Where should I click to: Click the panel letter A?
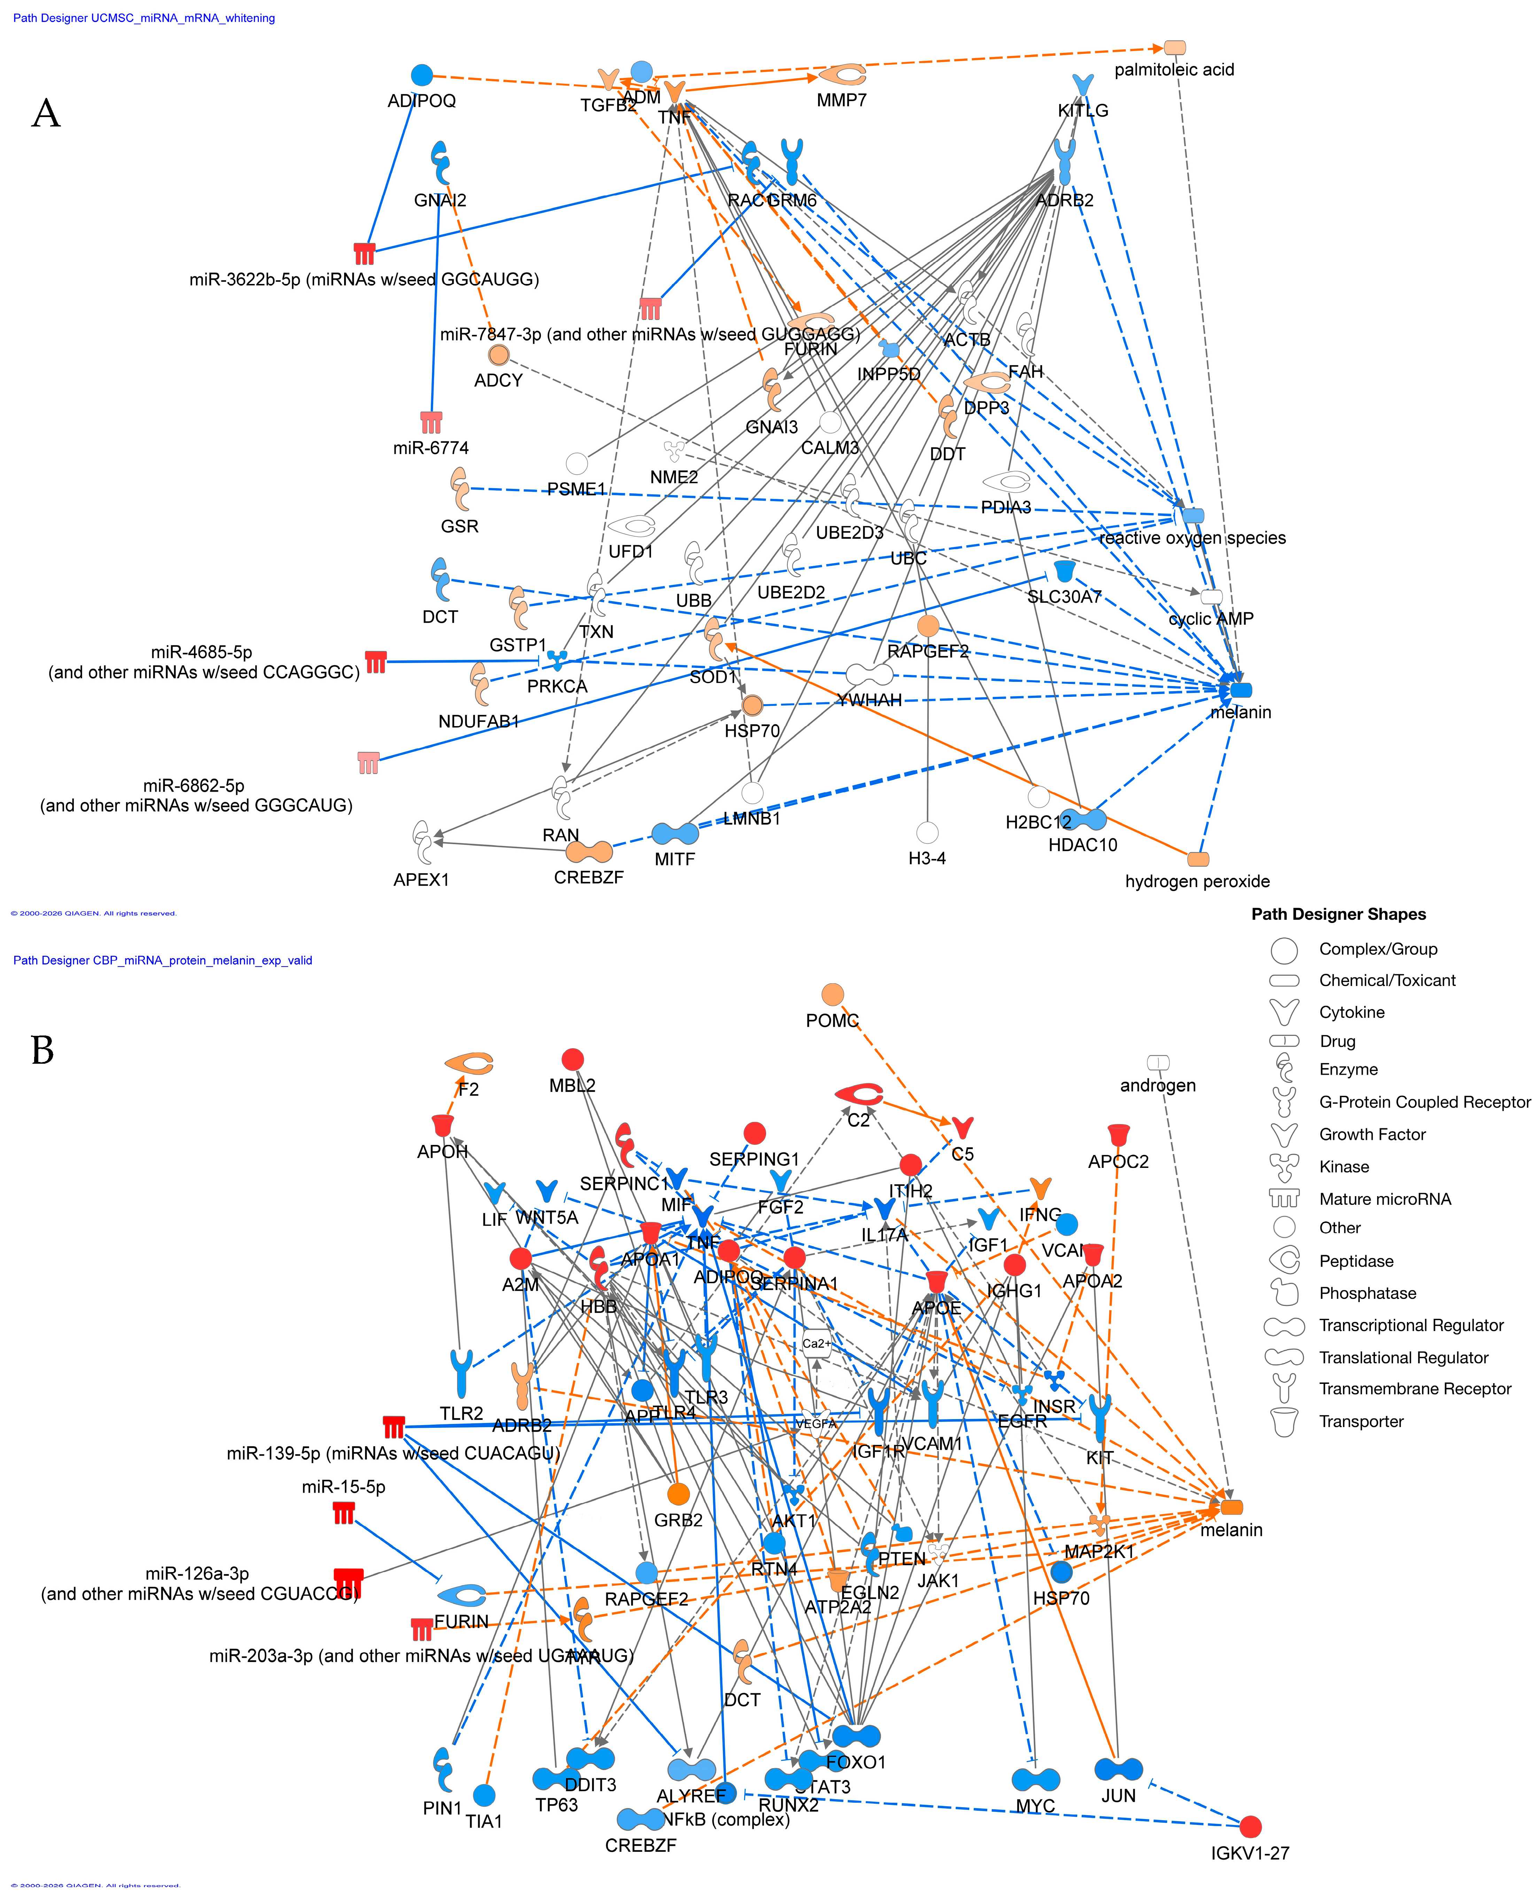click(46, 114)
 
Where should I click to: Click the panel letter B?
click(42, 1050)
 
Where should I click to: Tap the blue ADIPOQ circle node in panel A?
click(422, 75)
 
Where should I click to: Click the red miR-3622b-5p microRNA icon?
click(364, 254)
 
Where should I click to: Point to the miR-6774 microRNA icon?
click(432, 422)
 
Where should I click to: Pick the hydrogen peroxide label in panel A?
click(1197, 881)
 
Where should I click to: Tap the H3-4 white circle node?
click(927, 832)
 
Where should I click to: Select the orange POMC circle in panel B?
click(832, 994)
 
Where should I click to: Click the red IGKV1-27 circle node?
click(1250, 1826)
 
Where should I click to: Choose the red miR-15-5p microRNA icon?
click(344, 1514)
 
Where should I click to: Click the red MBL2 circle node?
click(572, 1059)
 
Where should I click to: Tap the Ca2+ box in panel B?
click(816, 1343)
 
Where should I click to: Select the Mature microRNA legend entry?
click(1385, 1199)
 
